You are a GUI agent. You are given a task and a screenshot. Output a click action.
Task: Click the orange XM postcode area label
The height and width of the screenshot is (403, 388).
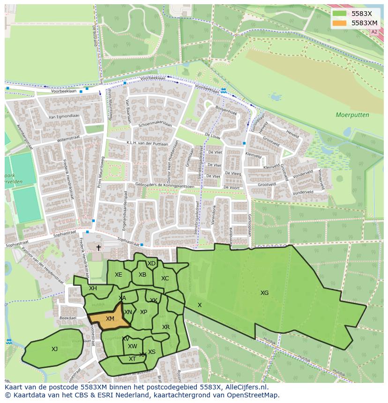point(110,319)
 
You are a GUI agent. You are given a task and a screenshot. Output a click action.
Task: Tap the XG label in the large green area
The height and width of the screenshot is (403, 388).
point(265,293)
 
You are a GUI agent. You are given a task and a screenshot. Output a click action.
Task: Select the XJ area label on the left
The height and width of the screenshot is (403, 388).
point(55,349)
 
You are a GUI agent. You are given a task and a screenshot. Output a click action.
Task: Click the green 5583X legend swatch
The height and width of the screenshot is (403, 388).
point(340,14)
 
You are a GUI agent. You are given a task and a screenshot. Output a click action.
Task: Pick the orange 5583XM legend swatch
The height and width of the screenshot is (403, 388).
point(340,23)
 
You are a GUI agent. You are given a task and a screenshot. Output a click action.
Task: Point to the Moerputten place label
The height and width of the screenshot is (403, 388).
point(352,115)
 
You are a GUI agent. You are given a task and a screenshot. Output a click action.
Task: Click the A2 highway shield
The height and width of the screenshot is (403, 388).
point(373,32)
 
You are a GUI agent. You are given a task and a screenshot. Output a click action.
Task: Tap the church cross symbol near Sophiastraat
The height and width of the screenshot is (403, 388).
point(98,248)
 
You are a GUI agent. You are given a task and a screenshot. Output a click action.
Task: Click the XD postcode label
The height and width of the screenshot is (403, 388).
point(151,264)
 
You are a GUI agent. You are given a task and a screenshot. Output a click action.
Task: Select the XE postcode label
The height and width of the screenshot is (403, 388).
point(119,275)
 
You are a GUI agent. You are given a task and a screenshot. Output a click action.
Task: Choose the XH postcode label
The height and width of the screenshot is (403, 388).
point(93,288)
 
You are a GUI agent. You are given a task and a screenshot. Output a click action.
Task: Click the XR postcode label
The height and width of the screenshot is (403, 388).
point(166,327)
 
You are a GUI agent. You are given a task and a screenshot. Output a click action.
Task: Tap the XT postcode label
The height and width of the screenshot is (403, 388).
point(132,359)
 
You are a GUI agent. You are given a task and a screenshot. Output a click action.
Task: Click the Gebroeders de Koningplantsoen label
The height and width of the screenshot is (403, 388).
point(158,185)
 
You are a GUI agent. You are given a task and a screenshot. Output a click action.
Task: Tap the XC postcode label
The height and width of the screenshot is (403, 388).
point(165,278)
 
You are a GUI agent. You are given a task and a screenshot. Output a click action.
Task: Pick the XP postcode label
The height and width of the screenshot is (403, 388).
point(143,312)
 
